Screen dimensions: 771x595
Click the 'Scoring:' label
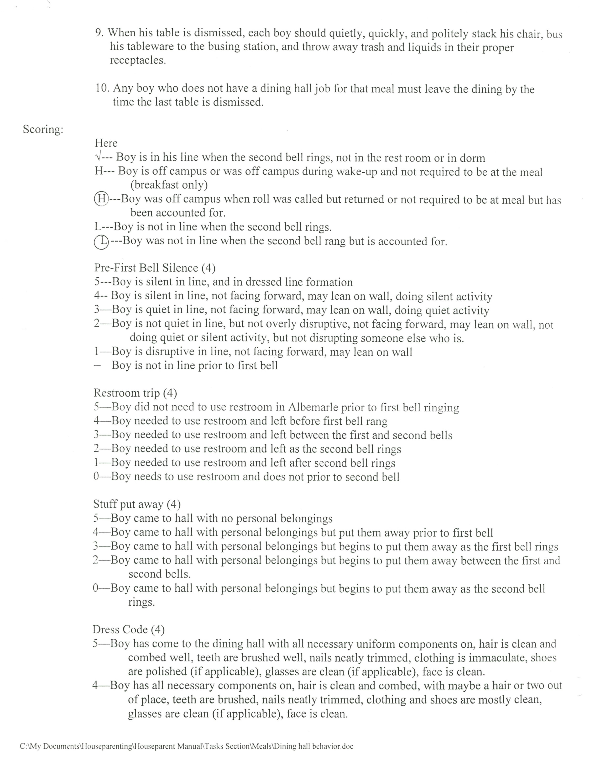43,130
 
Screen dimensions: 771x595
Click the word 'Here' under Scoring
106,143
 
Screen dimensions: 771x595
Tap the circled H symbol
101,199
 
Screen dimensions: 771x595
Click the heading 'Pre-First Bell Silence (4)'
155,268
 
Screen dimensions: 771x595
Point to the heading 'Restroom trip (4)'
135,393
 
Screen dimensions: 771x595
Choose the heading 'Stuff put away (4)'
136,504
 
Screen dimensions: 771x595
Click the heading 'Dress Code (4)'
128,629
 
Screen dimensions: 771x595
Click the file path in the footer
186,746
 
